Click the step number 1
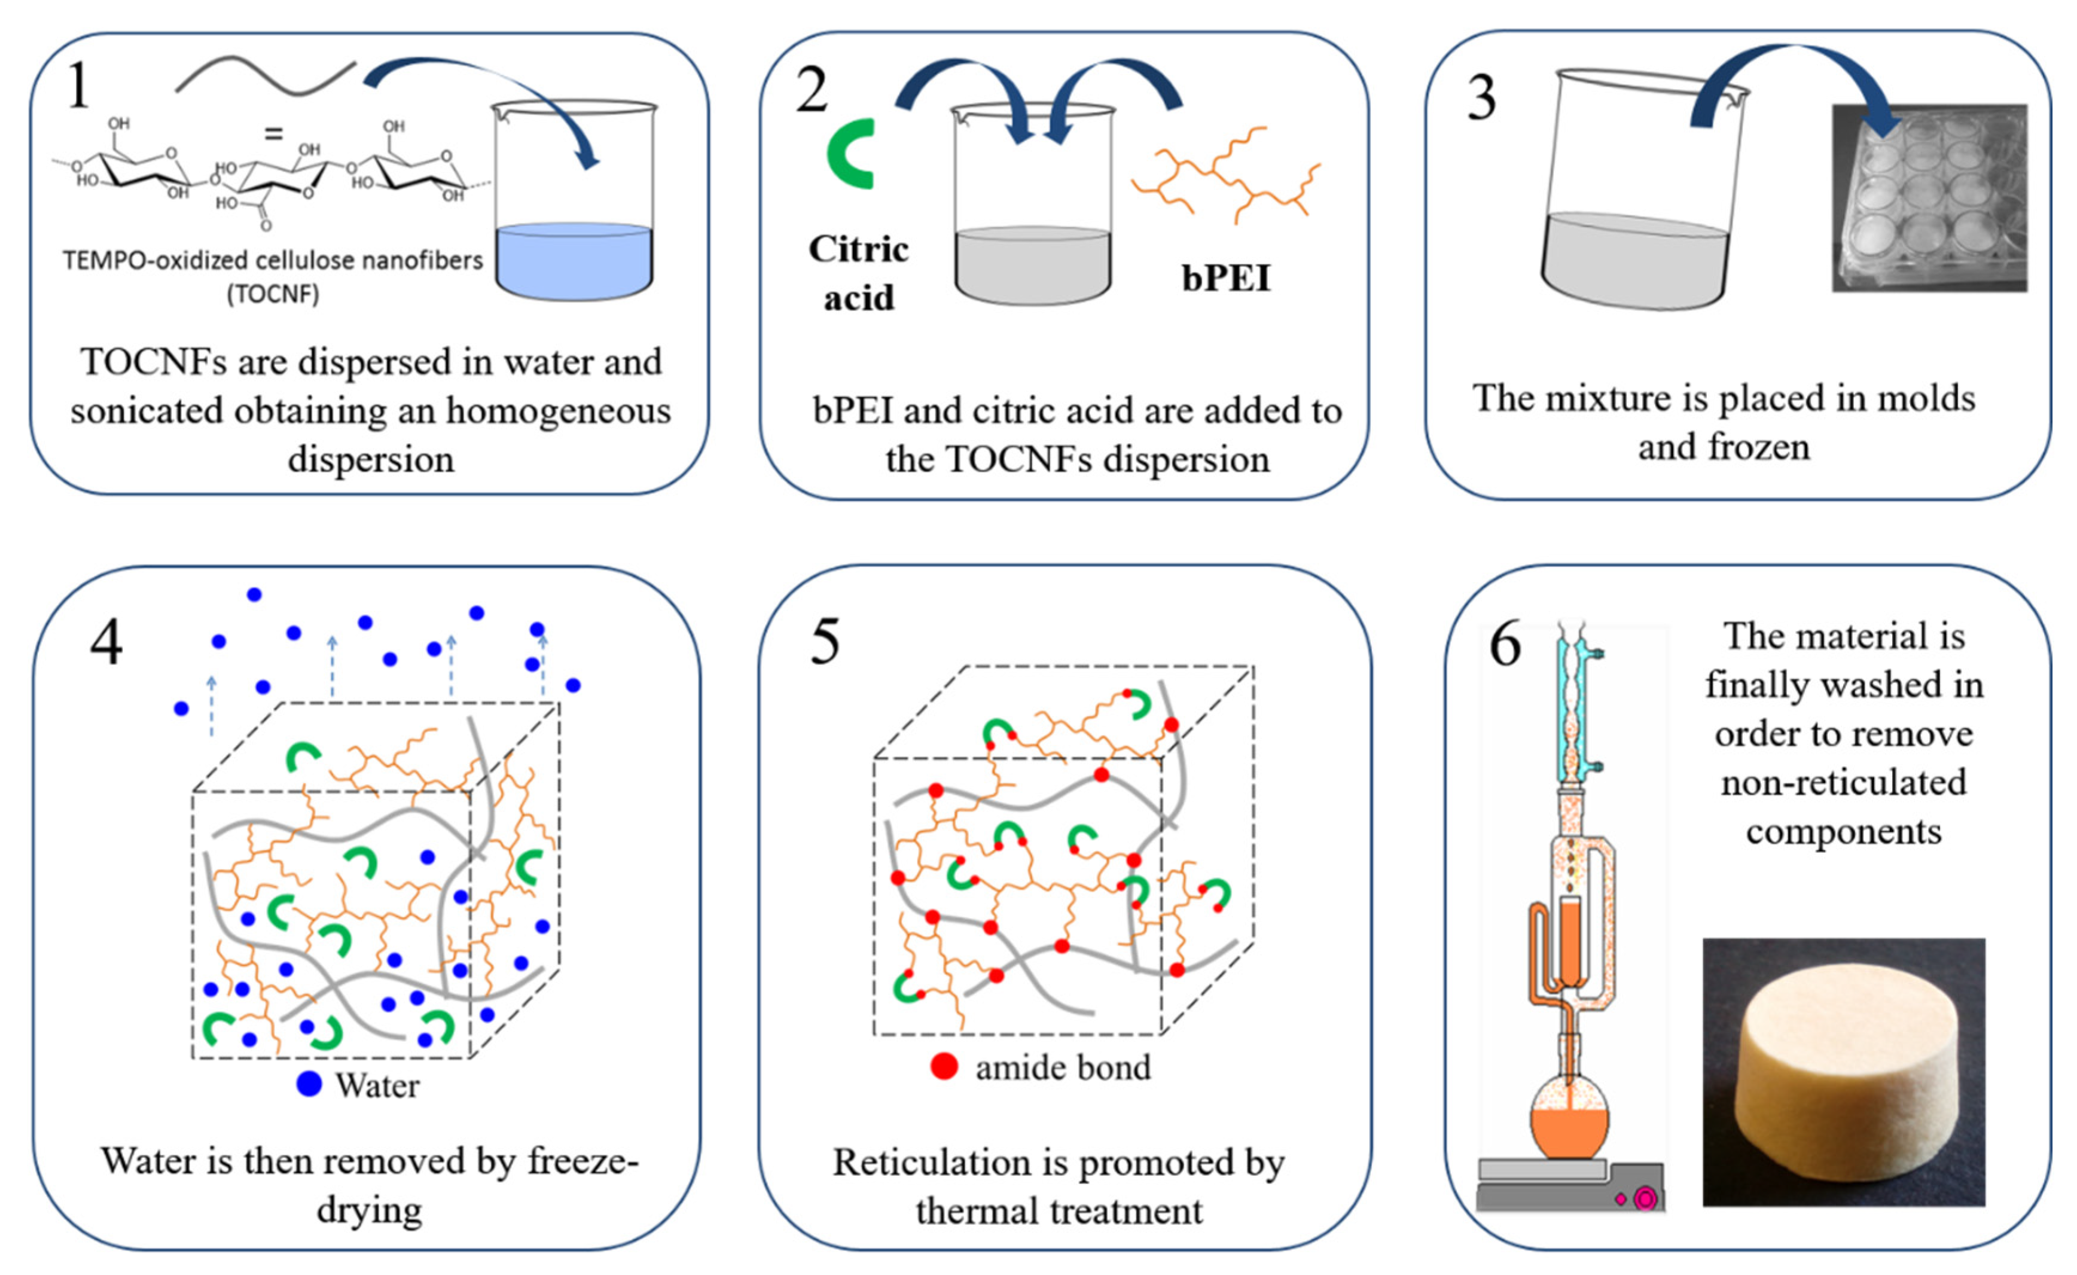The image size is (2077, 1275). [78, 87]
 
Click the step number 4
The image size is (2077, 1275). [106, 642]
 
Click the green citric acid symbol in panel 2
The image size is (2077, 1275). [849, 154]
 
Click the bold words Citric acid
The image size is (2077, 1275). [858, 272]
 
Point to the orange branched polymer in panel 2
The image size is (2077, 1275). [1227, 175]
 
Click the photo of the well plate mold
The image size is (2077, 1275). [1929, 198]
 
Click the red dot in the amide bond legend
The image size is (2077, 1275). [944, 1067]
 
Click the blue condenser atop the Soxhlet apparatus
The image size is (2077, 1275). [1570, 708]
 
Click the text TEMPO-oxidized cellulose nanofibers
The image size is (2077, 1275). [272, 261]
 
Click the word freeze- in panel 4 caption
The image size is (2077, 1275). [582, 1161]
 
